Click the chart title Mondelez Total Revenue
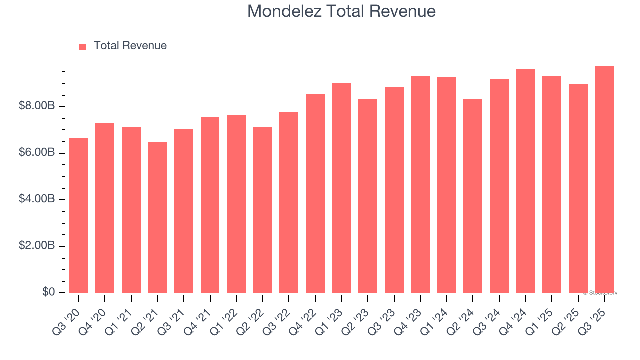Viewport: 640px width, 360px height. (x=341, y=11)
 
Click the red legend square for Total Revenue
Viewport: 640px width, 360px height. (x=83, y=46)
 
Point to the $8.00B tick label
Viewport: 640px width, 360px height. (x=37, y=106)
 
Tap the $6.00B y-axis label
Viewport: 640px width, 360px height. (x=37, y=153)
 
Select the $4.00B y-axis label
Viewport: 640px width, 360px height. (x=37, y=199)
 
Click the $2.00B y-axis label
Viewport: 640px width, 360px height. (x=37, y=246)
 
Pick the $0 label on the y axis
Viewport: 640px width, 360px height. (x=48, y=292)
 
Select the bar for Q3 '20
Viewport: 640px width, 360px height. (x=79, y=215)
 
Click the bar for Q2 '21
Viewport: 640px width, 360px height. (x=157, y=217)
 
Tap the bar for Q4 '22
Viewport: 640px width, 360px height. (x=315, y=193)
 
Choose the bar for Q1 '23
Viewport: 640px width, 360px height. (x=341, y=188)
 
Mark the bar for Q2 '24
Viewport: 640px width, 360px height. (x=473, y=196)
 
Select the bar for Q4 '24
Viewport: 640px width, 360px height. (x=525, y=181)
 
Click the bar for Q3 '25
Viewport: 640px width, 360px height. (x=604, y=179)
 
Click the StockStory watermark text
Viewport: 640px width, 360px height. (x=600, y=293)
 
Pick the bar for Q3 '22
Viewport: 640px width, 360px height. (x=289, y=202)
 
